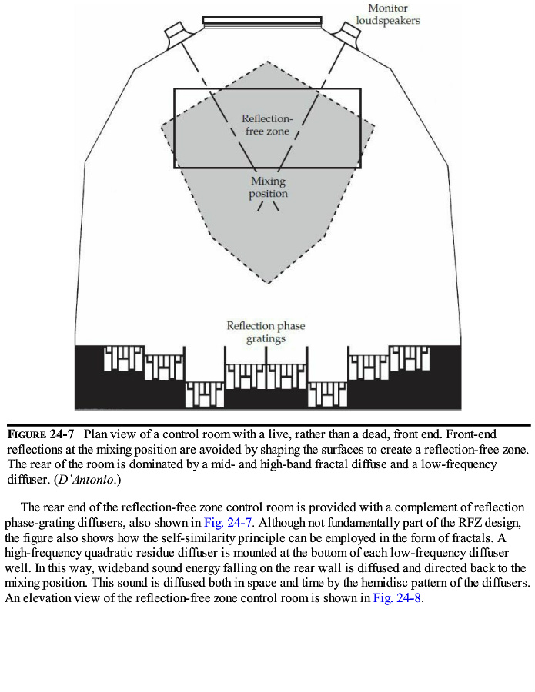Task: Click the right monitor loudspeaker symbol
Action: tap(347, 33)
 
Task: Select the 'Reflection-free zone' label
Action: tap(267, 125)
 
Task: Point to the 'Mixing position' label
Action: tap(268, 188)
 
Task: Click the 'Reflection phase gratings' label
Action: tap(266, 331)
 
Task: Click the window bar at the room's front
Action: tap(262, 21)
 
